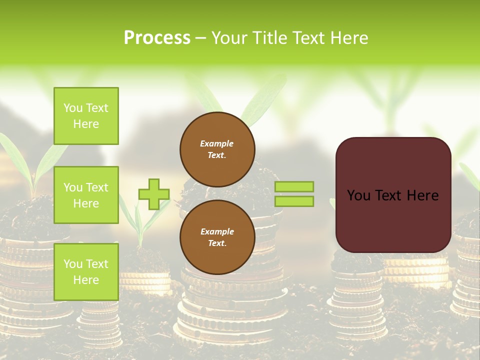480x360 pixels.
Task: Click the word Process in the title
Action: pos(157,38)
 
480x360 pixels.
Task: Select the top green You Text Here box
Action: pos(86,116)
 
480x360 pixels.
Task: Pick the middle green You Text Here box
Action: pos(86,195)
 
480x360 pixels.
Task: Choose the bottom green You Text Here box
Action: pos(86,271)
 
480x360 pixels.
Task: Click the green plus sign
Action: pos(154,194)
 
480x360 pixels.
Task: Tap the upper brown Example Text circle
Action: pos(217,149)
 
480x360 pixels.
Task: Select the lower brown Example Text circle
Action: pos(217,237)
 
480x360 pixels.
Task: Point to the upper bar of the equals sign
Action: pos(294,186)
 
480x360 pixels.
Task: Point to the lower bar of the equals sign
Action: pos(294,201)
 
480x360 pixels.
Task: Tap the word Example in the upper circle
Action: pos(217,143)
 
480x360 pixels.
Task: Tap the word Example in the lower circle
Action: pos(217,231)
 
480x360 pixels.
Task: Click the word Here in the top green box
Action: pos(86,124)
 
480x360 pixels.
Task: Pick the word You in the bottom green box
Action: pos(73,263)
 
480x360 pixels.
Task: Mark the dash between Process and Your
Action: pos(200,38)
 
